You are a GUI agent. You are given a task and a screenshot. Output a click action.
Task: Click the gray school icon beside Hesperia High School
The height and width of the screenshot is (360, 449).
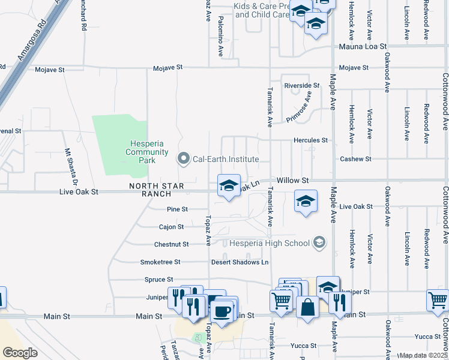[319, 242]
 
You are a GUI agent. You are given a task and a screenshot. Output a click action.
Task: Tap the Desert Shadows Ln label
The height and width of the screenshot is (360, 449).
[240, 262]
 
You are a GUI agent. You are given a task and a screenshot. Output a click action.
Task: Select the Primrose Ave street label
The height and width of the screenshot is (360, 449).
[300, 107]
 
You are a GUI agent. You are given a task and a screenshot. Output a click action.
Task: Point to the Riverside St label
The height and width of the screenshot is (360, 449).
[302, 86]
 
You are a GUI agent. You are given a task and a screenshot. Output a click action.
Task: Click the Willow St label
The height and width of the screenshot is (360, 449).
[292, 180]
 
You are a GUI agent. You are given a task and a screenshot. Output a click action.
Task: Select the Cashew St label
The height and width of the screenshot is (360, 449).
[356, 159]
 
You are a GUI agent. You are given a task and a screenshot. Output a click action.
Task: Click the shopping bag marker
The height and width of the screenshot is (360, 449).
[307, 307]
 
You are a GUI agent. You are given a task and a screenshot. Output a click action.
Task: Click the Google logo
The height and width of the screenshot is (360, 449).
[20, 352]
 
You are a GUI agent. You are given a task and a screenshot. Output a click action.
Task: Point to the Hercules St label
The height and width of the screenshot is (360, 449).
[310, 140]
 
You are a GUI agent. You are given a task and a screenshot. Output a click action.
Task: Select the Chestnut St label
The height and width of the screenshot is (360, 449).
[172, 244]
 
